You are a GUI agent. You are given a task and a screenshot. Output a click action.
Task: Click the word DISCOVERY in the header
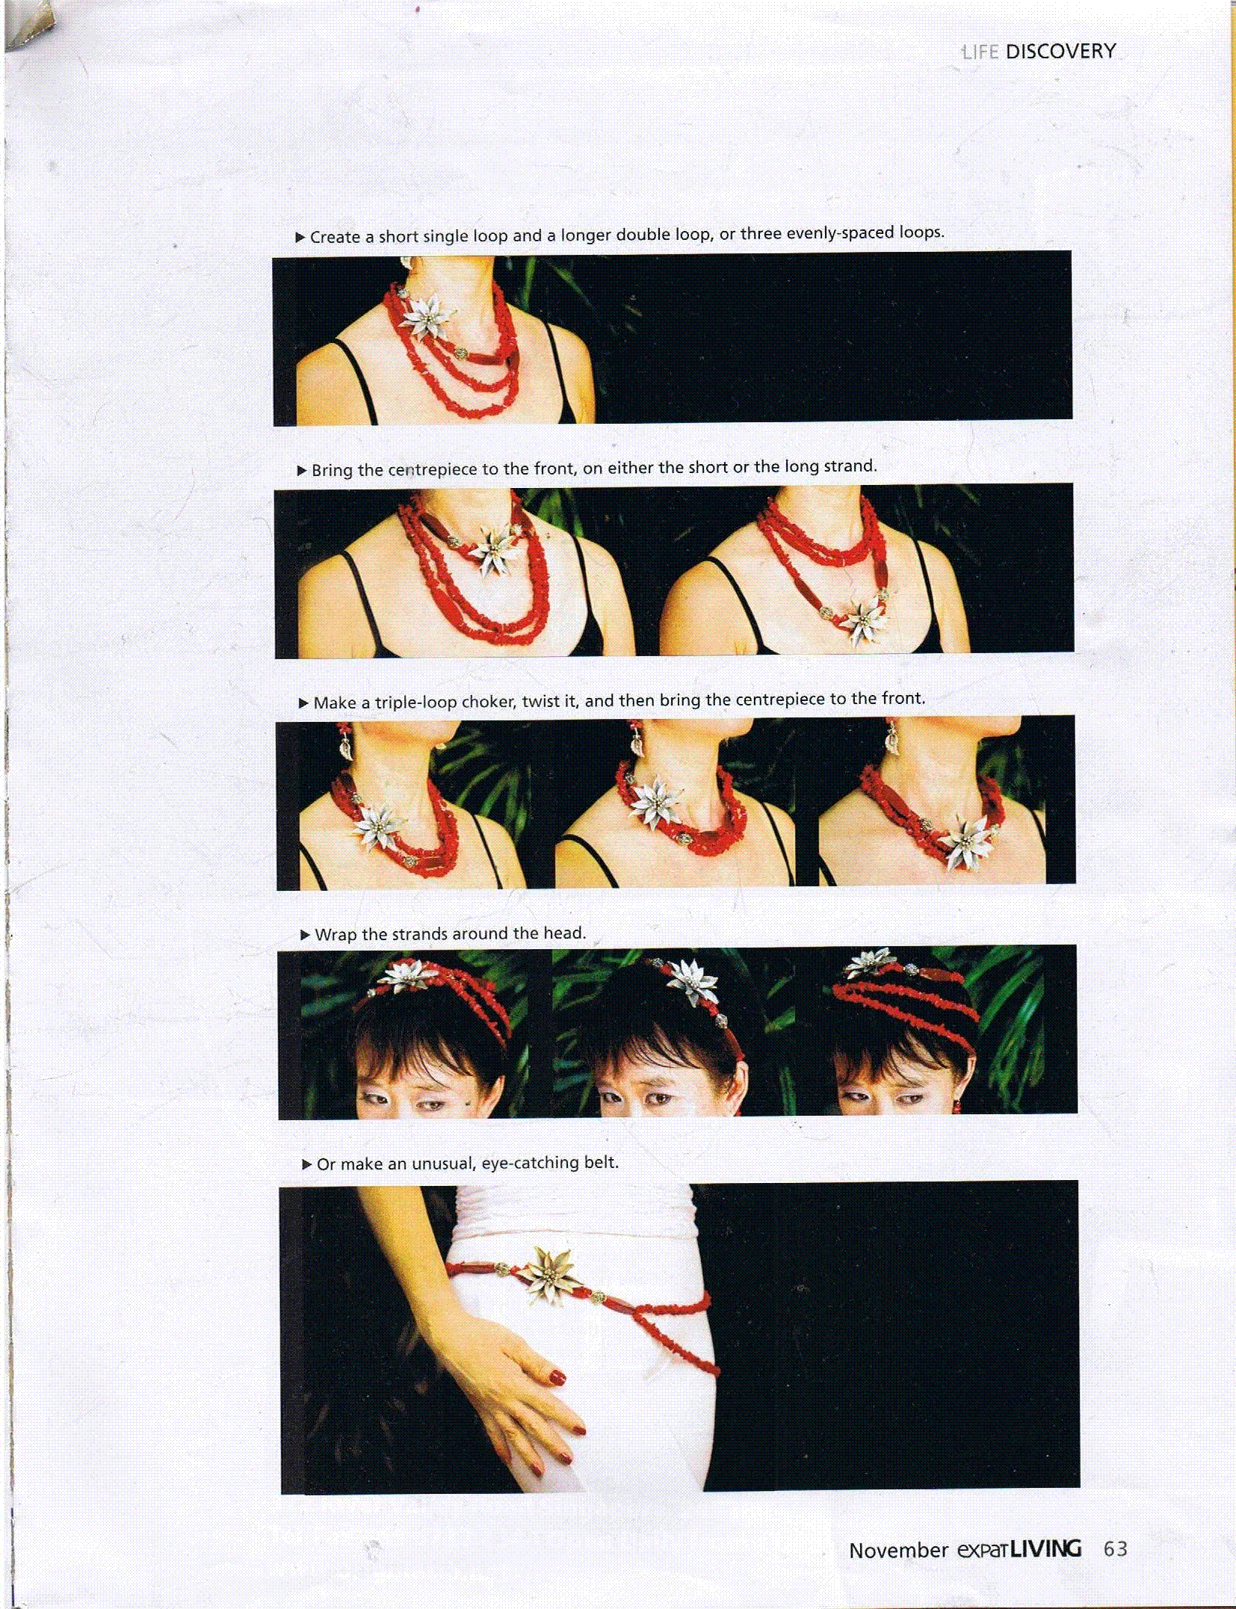1060,52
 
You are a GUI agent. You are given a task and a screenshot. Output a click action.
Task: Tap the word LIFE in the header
980,52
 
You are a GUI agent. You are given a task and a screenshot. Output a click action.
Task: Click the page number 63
1115,1548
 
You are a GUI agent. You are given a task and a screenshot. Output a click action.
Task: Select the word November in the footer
898,1551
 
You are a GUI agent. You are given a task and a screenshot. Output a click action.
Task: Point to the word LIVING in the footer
1046,1548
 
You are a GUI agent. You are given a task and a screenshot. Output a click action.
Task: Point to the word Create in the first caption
334,237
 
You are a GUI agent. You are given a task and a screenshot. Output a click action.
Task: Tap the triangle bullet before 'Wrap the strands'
305,934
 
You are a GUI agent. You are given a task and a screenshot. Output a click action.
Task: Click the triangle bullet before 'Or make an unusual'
306,1164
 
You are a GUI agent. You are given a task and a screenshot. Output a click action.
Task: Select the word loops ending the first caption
921,232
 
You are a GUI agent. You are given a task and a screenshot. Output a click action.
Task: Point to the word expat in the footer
983,1551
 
